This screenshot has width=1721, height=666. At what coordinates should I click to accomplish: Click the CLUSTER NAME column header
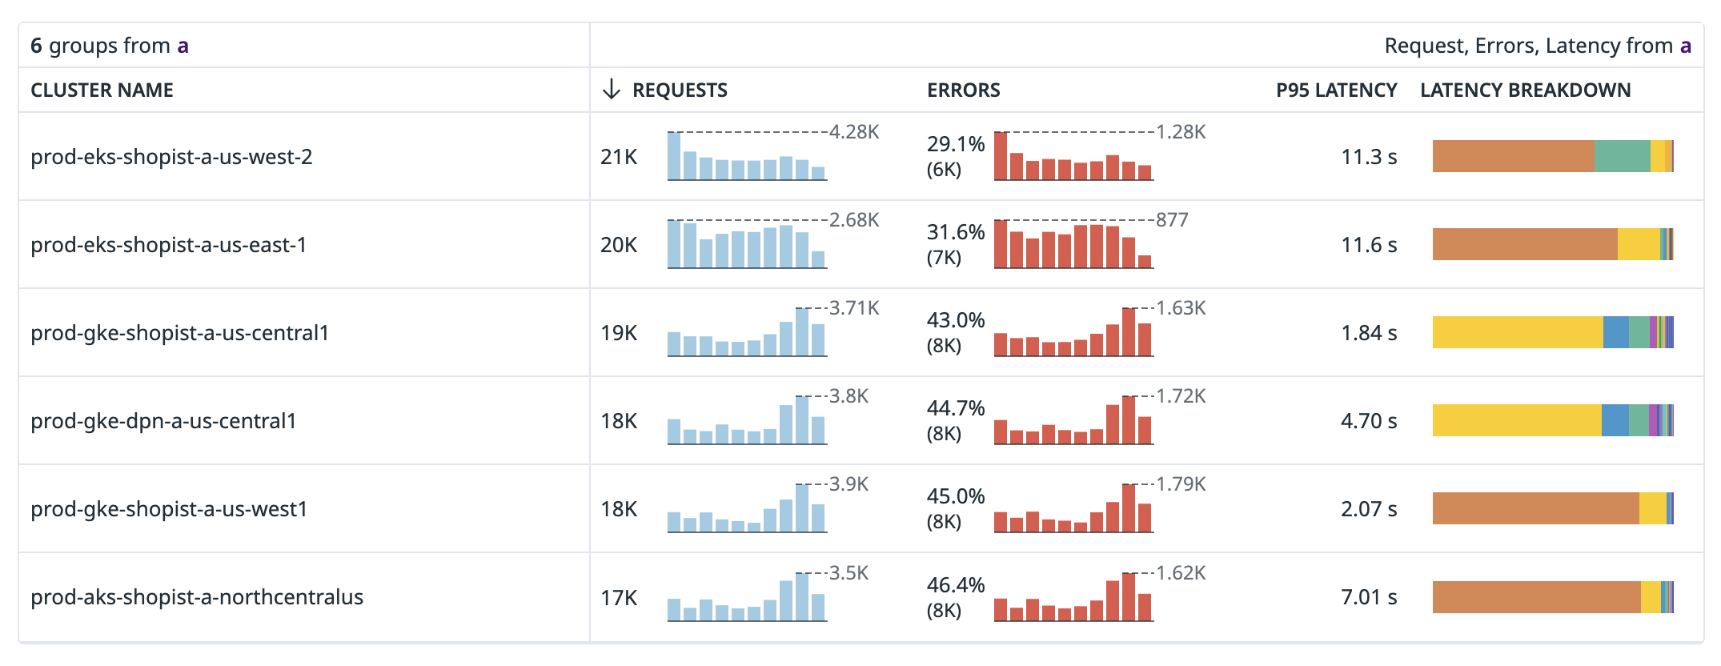(102, 90)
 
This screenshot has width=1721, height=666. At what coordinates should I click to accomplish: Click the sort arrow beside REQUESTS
(612, 90)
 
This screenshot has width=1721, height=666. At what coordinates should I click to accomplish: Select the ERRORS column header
(963, 90)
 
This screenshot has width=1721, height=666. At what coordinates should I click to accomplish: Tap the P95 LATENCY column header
(1336, 90)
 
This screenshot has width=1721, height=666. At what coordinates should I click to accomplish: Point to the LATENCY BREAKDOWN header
(1525, 90)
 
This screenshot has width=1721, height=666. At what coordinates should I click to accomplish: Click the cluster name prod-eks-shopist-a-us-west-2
(171, 157)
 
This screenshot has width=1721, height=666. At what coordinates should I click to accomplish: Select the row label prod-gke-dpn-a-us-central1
(163, 421)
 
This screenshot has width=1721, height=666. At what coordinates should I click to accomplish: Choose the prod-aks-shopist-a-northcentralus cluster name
(197, 597)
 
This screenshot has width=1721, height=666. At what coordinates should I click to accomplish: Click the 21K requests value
(619, 157)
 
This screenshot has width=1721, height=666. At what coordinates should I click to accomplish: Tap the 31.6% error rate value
(956, 232)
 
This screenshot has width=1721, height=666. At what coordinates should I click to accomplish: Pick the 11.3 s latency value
(1369, 157)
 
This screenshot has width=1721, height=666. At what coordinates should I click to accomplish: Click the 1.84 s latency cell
(1369, 333)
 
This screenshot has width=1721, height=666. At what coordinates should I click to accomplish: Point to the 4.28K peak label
(854, 132)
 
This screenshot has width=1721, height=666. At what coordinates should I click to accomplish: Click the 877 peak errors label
(1172, 220)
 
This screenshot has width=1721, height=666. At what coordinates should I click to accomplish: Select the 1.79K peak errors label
(1181, 484)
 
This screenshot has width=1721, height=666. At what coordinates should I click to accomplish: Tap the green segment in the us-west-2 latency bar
(1622, 156)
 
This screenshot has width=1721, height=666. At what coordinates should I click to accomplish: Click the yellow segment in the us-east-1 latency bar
(1639, 244)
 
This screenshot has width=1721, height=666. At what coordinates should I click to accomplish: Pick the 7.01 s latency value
(1369, 597)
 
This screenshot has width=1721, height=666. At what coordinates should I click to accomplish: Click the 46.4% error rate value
(956, 585)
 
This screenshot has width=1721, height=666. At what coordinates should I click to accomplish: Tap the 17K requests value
(619, 598)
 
